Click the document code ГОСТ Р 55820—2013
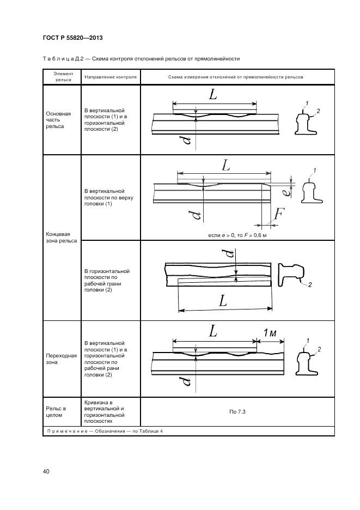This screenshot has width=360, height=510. [72, 38]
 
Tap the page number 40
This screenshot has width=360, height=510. [46, 471]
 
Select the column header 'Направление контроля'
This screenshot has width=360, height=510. [111, 77]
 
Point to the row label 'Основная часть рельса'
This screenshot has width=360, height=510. [59, 120]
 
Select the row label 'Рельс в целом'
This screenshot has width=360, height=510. [56, 411]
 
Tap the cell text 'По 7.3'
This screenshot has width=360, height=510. [237, 411]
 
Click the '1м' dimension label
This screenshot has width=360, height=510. [271, 332]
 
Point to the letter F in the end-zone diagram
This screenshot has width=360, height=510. [277, 214]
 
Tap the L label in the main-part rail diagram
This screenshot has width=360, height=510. [213, 94]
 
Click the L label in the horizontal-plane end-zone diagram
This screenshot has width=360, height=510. [223, 300]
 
